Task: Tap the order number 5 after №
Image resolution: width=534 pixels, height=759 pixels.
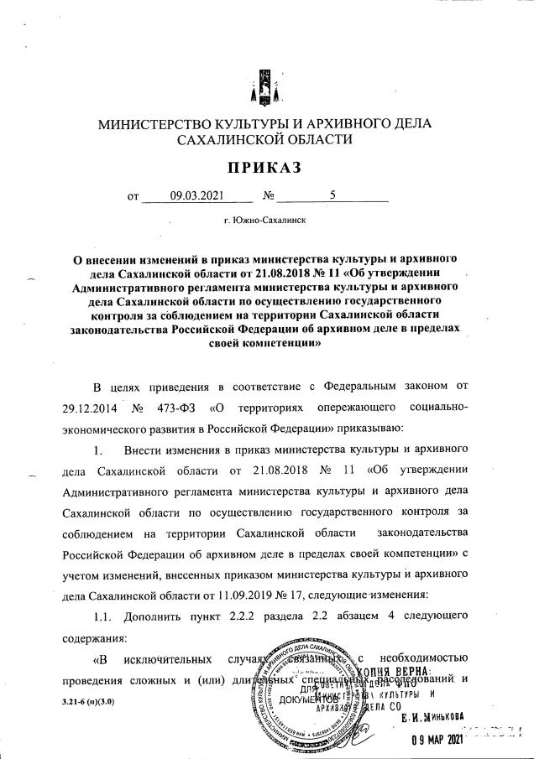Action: [332, 198]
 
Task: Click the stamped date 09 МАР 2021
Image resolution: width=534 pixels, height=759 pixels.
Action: [437, 741]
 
